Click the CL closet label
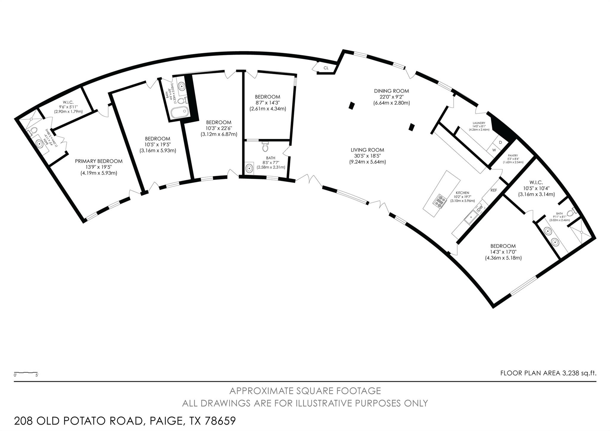pos(326,68)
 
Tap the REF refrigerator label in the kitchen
pos(494,190)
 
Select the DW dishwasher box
pos(480,209)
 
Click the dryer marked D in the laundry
pos(500,142)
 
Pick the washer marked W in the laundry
pos(494,150)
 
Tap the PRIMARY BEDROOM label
pos(99,161)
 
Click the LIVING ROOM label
pos(367,150)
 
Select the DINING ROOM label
pos(391,91)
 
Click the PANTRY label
pos(513,155)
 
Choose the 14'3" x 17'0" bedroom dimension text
pos(503,252)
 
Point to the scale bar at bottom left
pos(26,373)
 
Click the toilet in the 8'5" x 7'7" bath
pos(265,147)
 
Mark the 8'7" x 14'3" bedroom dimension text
pos(267,103)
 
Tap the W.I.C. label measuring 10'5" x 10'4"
pos(536,182)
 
